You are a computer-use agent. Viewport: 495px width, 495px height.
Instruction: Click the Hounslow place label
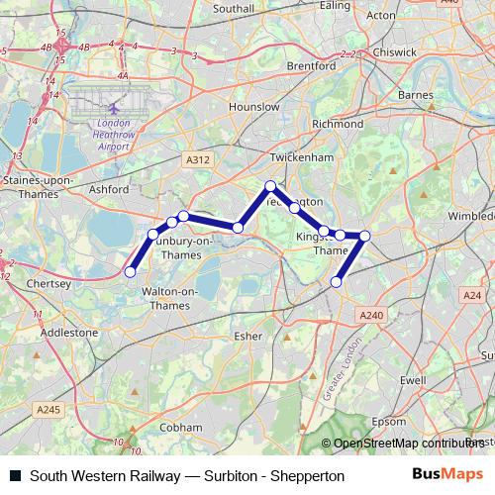[253, 106]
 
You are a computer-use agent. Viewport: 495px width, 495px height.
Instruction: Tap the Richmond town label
[338, 125]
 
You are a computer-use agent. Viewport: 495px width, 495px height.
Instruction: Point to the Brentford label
[311, 66]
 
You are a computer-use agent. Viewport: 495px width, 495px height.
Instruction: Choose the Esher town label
[248, 336]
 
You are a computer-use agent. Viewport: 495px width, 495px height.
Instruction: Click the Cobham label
[180, 427]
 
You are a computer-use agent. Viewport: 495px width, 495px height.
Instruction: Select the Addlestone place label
[69, 333]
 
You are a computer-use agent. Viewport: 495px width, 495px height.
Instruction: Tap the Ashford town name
[108, 188]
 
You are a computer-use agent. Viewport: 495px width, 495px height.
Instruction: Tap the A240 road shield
[371, 314]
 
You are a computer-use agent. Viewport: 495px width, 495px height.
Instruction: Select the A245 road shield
[47, 409]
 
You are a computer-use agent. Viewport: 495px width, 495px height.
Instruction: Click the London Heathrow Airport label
[110, 129]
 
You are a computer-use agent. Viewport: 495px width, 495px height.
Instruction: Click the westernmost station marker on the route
[130, 270]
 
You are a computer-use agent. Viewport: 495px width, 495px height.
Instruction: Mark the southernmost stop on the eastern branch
[336, 282]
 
